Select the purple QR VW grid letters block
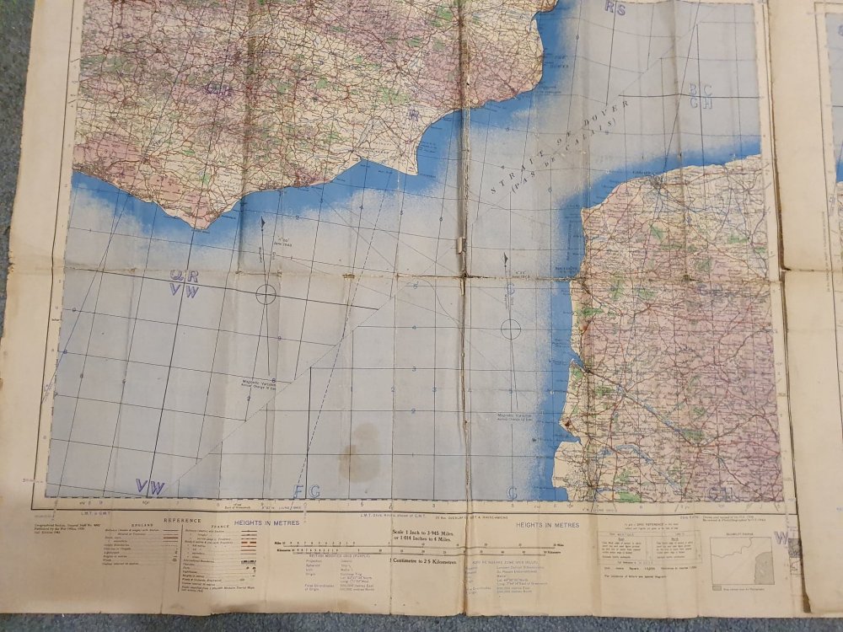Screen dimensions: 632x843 [184, 282]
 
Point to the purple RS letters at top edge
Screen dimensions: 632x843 [615, 9]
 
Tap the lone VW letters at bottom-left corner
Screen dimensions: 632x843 [151, 487]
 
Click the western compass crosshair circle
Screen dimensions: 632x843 [266, 293]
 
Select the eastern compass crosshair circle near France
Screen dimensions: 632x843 [511, 329]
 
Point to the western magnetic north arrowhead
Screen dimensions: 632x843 [263, 222]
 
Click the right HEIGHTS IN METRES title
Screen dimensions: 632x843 [550, 523]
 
